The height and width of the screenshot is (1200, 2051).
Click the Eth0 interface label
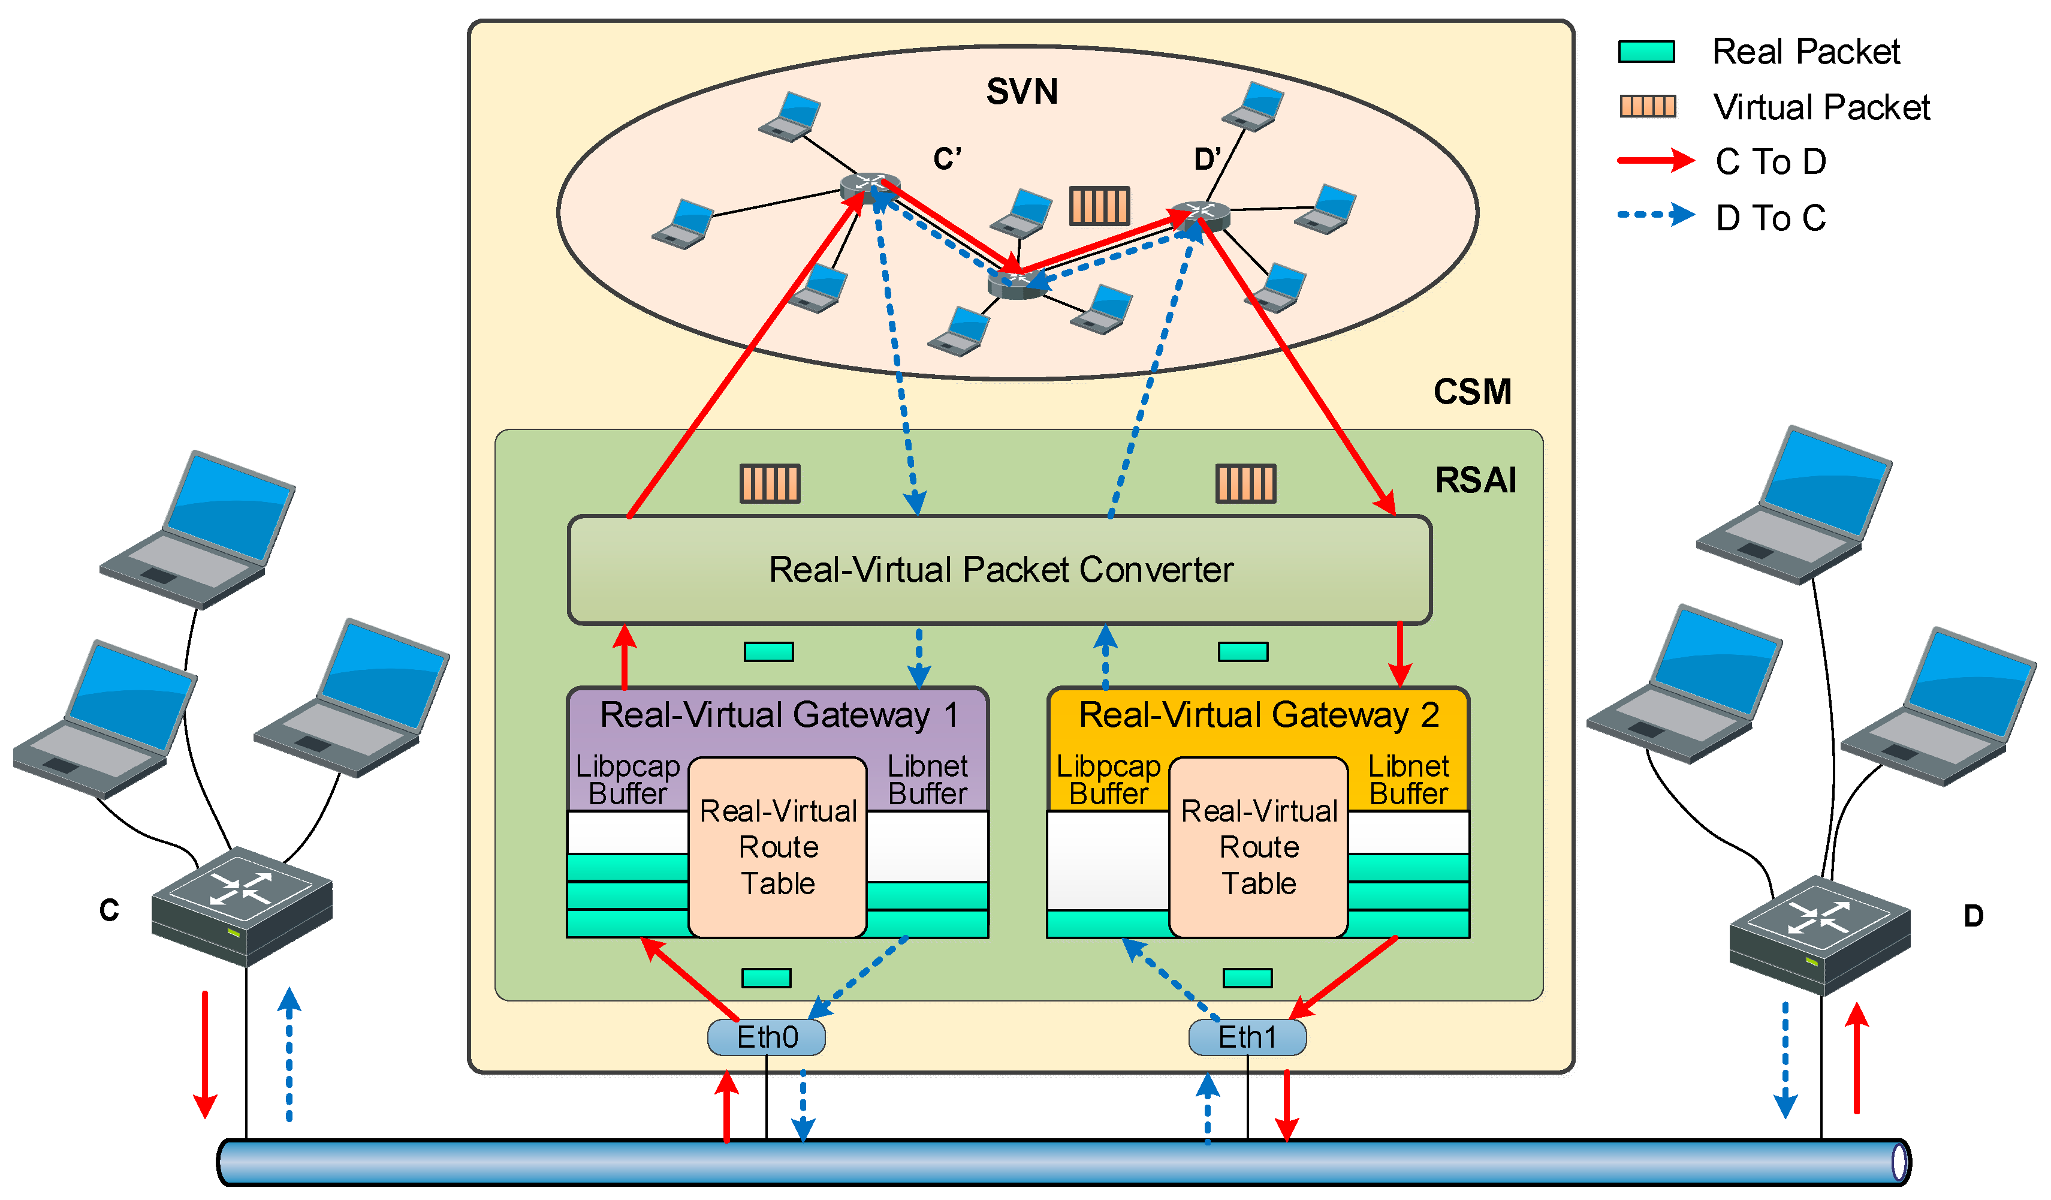point(766,1037)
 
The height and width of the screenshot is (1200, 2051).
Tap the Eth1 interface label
point(1247,1037)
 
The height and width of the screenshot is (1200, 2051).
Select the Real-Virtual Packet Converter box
point(1000,570)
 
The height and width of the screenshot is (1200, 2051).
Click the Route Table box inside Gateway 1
point(778,847)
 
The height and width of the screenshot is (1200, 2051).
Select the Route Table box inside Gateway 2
point(1258,847)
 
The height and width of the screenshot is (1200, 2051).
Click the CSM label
point(1471,392)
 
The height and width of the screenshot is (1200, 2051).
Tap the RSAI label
point(1475,480)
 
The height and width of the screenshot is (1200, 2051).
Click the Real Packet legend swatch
point(1646,52)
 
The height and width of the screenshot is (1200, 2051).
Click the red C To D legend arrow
point(1655,160)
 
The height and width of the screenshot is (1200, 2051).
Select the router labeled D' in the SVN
point(1200,214)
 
